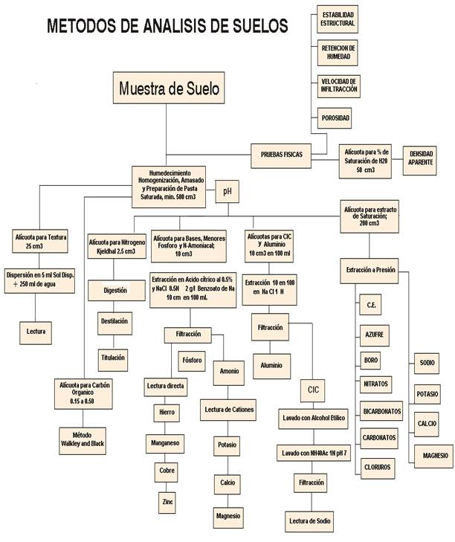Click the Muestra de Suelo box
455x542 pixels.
(169, 88)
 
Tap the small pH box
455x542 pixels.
(227, 192)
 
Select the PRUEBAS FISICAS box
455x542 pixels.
(281, 154)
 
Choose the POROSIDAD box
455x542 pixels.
(335, 117)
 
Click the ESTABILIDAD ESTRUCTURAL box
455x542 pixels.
(338, 19)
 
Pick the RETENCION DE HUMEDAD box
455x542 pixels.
(338, 52)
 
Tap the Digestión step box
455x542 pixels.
(114, 291)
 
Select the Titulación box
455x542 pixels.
(114, 358)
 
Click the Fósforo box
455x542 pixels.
(191, 360)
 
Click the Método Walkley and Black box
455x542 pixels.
(88, 437)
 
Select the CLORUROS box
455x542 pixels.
(378, 467)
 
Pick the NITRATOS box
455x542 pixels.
(375, 384)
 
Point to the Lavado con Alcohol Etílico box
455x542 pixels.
(313, 418)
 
